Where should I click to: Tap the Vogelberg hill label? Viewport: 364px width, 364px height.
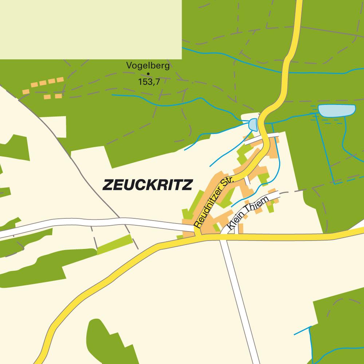148,66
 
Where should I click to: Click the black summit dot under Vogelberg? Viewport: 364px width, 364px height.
148,74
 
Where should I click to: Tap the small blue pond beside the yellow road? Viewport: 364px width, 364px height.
253,125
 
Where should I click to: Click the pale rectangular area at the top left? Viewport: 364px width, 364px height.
91,29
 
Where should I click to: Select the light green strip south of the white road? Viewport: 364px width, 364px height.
114,244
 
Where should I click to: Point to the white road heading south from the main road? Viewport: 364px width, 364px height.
238,298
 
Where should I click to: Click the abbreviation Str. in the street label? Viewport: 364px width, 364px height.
228,184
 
